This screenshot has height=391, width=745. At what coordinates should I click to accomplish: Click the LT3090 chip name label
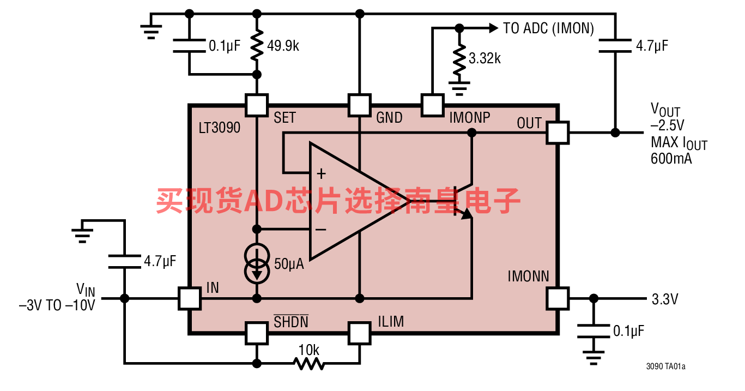(219, 128)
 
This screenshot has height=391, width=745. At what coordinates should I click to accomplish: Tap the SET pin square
(257, 105)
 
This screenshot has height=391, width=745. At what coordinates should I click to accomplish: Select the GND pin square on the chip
(360, 105)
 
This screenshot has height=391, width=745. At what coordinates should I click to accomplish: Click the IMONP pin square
(432, 105)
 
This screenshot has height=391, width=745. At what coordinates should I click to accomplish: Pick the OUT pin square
(558, 133)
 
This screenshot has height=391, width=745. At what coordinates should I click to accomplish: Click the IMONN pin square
(558, 298)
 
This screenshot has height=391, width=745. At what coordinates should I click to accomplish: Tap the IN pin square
(190, 298)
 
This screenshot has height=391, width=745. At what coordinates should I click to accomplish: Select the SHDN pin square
(257, 333)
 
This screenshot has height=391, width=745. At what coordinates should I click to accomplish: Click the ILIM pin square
(360, 333)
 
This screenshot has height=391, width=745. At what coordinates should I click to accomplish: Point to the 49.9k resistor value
(283, 46)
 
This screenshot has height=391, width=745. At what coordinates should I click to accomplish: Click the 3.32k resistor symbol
(459, 59)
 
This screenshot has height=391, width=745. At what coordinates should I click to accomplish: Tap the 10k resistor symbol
(309, 363)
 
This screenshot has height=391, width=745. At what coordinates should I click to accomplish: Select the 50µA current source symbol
(257, 263)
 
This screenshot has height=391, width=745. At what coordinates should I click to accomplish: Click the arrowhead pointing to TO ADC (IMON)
(494, 28)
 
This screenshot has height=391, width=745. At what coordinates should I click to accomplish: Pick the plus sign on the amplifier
(322, 174)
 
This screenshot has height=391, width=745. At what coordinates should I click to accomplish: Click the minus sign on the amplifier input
(320, 230)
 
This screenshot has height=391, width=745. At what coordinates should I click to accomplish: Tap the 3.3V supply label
(665, 299)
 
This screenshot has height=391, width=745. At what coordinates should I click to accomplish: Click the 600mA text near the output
(671, 159)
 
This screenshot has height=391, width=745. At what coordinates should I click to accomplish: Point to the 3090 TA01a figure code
(665, 366)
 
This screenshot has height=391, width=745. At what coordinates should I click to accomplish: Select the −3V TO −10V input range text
(57, 305)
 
